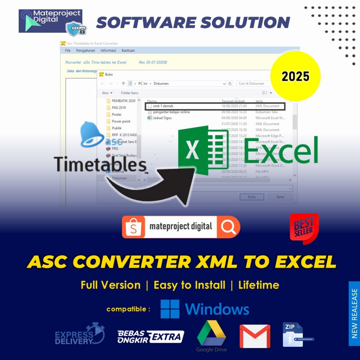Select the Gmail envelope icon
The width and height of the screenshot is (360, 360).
(255, 336)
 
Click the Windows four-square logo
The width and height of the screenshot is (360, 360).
(170, 309)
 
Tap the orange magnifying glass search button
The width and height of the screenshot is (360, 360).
(229, 227)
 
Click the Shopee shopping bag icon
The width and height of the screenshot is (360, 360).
(134, 227)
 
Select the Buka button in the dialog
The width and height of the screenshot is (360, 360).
(252, 197)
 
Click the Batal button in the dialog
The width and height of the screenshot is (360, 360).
(280, 197)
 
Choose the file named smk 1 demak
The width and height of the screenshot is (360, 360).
(163, 106)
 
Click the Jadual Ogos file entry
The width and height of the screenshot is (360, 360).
(162, 118)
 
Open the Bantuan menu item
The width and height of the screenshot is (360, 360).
(128, 51)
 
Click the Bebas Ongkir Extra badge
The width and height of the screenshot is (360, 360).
(150, 336)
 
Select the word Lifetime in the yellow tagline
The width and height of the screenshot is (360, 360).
(259, 285)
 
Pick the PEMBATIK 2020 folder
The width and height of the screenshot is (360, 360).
(123, 101)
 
